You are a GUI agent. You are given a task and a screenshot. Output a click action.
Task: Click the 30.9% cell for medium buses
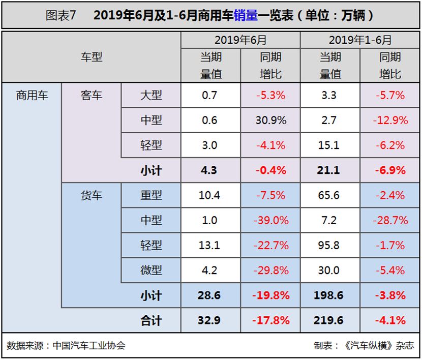[270, 120]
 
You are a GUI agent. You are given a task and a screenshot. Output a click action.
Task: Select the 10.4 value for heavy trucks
[209, 195]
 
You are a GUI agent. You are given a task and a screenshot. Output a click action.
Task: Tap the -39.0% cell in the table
[270, 220]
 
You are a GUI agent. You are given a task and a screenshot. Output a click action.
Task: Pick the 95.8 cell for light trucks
[329, 245]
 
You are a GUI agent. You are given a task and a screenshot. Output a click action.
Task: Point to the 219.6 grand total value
[329, 320]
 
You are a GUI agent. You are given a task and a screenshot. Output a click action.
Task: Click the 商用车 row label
[32, 95]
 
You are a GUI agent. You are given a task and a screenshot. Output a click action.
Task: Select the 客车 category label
[92, 95]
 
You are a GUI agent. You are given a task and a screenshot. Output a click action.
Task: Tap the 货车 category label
[92, 195]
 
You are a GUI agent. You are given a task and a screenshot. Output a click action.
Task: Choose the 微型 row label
[151, 270]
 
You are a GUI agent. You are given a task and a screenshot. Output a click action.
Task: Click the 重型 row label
[151, 195]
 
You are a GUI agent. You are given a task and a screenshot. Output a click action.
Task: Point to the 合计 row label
[151, 320]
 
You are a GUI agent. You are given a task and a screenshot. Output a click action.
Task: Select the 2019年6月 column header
[240, 40]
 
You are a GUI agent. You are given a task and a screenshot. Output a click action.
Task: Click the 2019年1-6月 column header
[360, 40]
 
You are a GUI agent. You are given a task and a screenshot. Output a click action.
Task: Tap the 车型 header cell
[92, 57]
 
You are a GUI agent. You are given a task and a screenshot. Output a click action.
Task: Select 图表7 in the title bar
[61, 15]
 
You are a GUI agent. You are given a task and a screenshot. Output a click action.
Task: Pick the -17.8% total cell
[270, 320]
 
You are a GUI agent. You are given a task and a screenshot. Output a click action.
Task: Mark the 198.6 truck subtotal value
[329, 295]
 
